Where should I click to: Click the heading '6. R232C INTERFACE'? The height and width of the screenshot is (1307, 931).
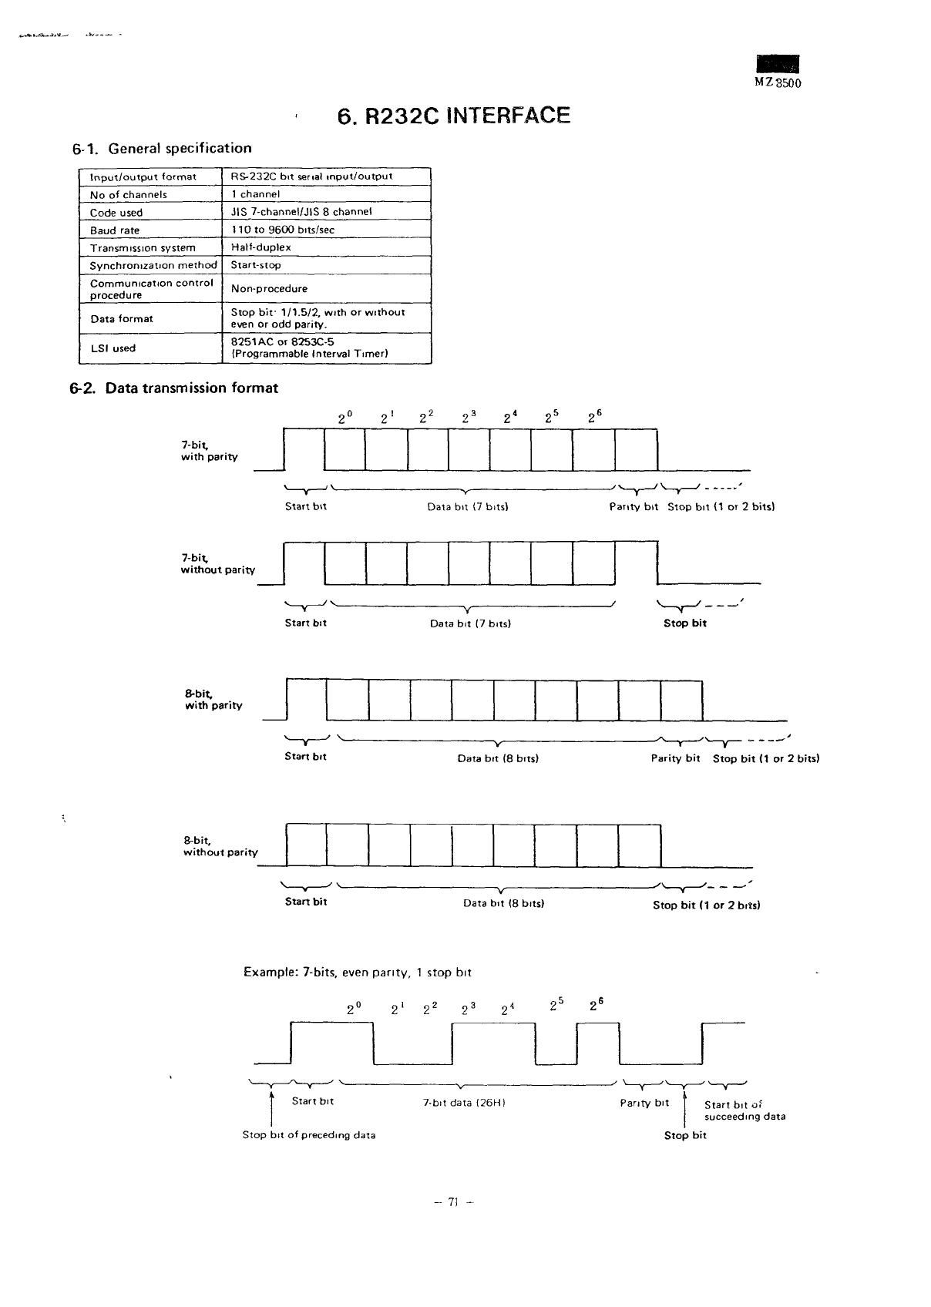[453, 116]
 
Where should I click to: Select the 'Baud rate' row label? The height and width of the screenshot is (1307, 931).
[115, 230]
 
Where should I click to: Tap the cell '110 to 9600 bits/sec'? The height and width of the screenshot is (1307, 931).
[283, 230]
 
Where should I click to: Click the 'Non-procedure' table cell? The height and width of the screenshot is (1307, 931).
[269, 289]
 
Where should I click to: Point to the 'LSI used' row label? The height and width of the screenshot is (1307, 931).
[113, 348]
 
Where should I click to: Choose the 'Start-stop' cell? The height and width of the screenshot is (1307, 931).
[256, 265]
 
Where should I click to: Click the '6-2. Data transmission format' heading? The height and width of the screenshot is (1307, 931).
[175, 388]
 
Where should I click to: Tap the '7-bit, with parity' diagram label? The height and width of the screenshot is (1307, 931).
[209, 451]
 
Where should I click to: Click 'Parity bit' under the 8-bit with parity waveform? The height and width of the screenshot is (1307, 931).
[675, 758]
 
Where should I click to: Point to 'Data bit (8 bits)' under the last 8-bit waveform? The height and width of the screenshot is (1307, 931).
[503, 903]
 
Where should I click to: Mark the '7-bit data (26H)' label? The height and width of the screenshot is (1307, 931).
[464, 1103]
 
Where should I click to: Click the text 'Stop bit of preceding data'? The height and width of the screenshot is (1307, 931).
[309, 1135]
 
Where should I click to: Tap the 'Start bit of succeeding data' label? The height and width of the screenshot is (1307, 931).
[744, 1110]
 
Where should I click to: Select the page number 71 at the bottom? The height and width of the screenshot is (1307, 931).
[453, 1201]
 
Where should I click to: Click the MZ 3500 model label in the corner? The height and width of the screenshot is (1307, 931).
[778, 83]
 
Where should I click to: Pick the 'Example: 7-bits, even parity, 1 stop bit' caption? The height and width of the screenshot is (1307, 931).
[358, 973]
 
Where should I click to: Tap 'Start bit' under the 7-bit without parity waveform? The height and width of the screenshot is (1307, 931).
[306, 623]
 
